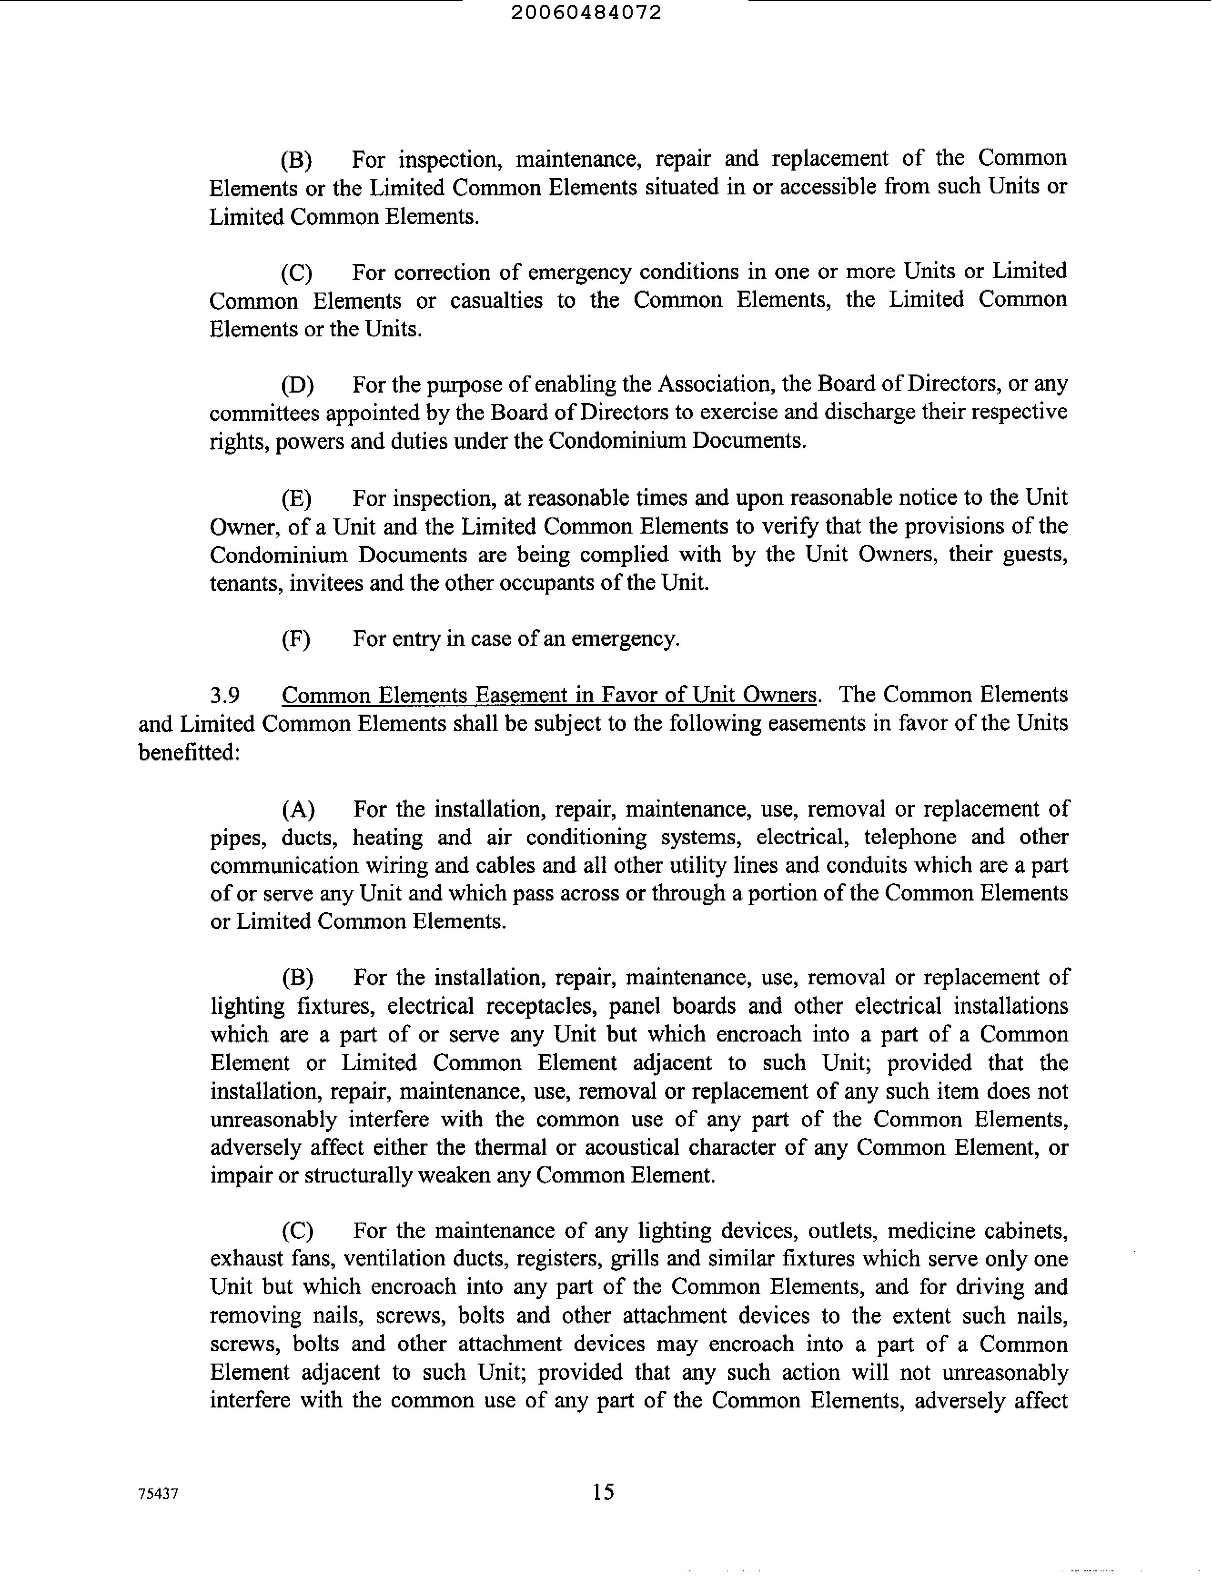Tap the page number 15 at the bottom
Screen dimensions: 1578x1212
603,1491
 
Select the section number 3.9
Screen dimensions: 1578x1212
224,695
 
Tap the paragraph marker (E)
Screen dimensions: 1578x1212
296,498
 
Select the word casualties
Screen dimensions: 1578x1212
496,300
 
